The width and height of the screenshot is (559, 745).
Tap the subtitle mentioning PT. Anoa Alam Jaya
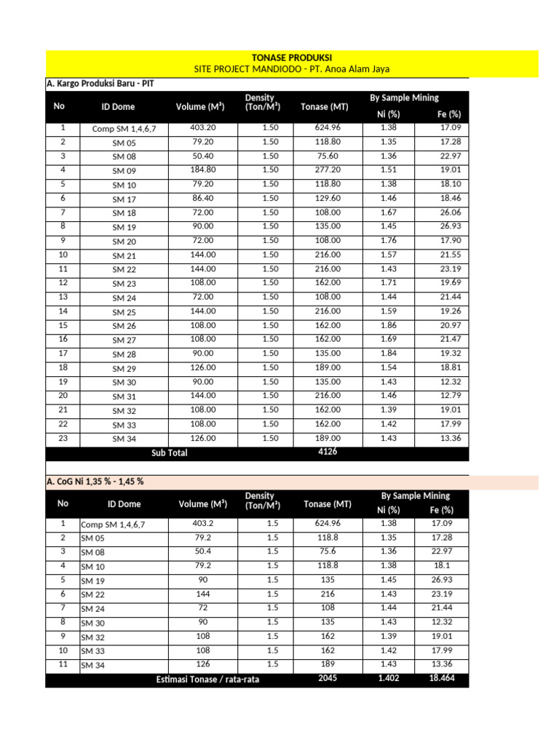click(x=291, y=69)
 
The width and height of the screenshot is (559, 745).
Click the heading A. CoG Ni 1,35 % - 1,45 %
click(x=95, y=482)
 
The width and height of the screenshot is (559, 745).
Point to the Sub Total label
click(x=169, y=453)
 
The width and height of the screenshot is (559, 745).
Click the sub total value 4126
click(x=327, y=452)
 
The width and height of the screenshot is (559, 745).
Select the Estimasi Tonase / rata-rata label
click(x=207, y=680)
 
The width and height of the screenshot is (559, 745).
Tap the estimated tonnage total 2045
click(x=327, y=678)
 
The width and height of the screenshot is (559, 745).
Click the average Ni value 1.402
click(x=389, y=678)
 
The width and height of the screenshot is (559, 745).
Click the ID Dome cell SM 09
click(x=124, y=171)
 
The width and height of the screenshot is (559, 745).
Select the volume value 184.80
click(x=202, y=170)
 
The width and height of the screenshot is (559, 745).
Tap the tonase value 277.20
click(x=327, y=170)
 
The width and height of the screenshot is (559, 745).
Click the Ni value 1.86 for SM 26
click(x=389, y=325)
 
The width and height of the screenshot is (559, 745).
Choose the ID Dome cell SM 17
click(x=124, y=199)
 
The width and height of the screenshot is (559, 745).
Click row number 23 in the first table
click(x=63, y=438)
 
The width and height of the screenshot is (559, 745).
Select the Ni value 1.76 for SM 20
click(x=389, y=241)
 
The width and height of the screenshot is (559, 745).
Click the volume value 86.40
click(x=202, y=198)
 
